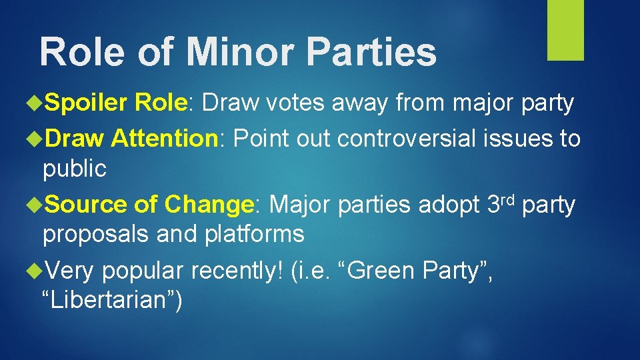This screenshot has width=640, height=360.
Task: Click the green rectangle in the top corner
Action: [x=565, y=30]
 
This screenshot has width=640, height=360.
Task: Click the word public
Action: [x=74, y=169]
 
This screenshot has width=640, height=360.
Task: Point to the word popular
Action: [x=143, y=272]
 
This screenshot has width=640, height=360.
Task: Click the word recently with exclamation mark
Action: [x=237, y=272]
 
